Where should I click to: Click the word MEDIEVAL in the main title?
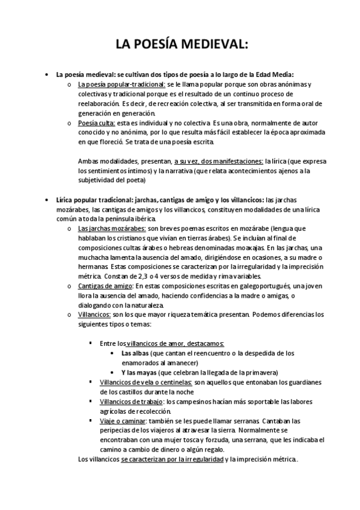coord(211,44)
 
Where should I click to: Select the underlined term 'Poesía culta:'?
coord(95,123)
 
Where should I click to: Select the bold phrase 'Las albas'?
coord(135,354)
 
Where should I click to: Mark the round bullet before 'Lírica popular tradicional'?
coord(47,200)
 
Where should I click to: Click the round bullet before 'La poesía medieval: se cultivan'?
coord(47,75)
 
